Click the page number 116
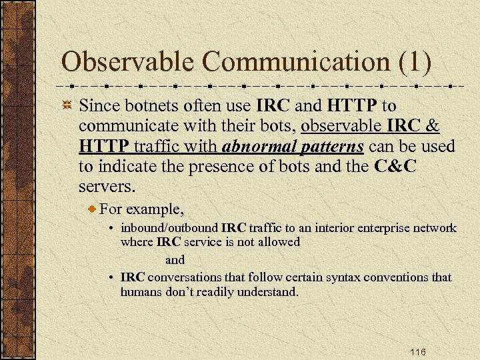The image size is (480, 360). tap(418, 352)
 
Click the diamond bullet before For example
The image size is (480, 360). tap(93, 209)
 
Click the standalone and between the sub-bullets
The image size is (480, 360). tap(175, 259)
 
